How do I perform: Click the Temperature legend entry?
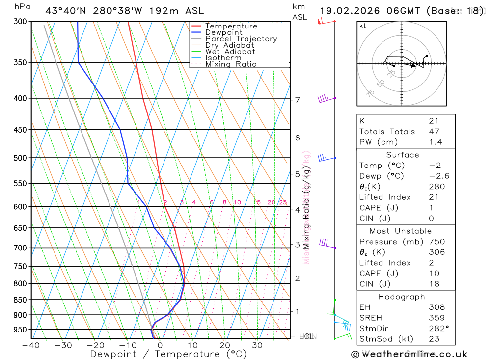[x=231, y=26]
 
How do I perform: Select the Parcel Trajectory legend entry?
[x=241, y=39]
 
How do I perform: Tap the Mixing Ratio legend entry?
[x=231, y=64]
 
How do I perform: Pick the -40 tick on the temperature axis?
[x=31, y=345]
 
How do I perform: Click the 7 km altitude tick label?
[x=298, y=100]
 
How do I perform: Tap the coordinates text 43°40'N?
[x=68, y=11]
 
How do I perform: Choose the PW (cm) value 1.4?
[x=435, y=142]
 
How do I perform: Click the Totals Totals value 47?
[x=434, y=131]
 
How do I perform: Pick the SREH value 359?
[x=436, y=318]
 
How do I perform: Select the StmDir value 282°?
[x=438, y=329]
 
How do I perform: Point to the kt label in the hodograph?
[x=363, y=26]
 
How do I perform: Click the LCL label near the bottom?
[x=306, y=336]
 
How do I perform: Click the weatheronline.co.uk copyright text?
[x=409, y=354]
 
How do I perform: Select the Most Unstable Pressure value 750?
[x=436, y=242]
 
